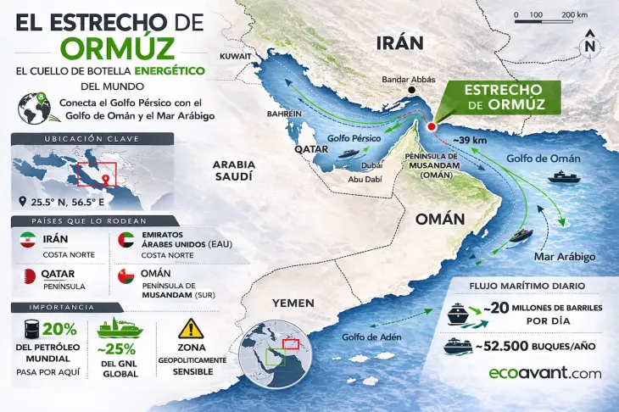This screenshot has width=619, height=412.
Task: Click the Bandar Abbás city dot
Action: point(411,89)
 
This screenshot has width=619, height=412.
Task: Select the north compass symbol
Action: point(590,45)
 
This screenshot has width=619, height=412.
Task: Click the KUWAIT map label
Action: point(236,55)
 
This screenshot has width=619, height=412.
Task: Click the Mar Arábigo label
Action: point(564,256)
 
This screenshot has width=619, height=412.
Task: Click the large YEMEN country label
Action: point(293,303)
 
